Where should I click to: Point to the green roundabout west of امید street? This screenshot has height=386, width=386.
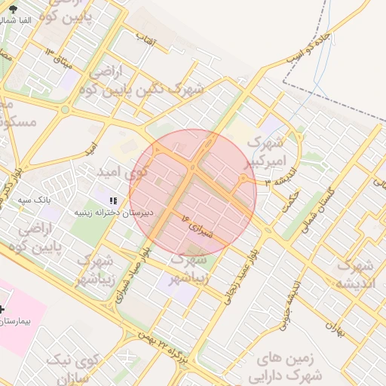(66, 110)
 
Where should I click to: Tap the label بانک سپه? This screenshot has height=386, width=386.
(33, 201)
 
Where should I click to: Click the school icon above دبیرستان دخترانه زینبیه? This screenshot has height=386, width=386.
(112, 201)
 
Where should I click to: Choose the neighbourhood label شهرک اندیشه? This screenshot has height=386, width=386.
(356, 274)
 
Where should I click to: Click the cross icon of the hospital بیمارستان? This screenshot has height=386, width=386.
(3, 309)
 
